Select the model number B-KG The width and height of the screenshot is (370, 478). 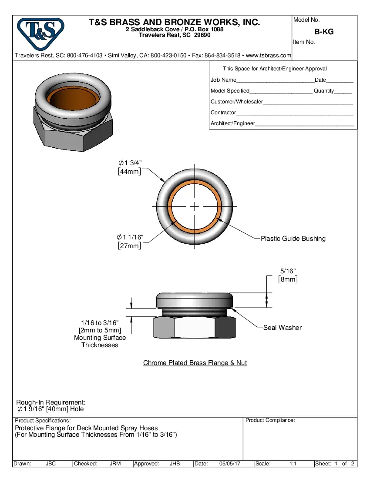(324, 32)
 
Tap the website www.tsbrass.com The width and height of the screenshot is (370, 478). (269, 56)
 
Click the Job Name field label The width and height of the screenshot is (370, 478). (223, 80)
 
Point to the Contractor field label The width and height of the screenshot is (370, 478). (223, 113)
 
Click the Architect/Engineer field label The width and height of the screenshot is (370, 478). (232, 123)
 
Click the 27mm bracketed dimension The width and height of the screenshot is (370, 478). (129, 246)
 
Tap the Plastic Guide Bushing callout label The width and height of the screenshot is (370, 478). (293, 239)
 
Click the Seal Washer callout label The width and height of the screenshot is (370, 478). (282, 328)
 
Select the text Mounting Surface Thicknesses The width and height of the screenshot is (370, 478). (100, 342)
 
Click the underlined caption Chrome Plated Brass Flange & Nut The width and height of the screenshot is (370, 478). (195, 363)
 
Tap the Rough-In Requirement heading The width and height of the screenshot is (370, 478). (50, 402)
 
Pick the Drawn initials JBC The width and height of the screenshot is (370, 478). (50, 464)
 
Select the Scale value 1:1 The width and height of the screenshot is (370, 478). (293, 464)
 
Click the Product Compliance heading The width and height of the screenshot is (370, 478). (270, 420)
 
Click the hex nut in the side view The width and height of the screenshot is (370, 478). (195, 327)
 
